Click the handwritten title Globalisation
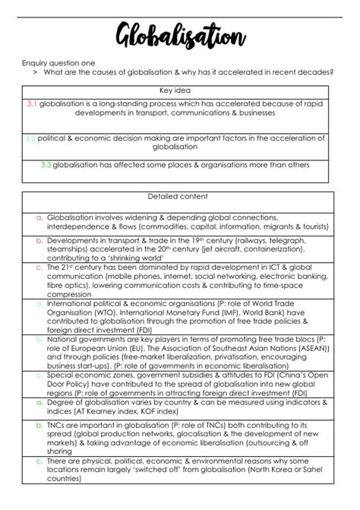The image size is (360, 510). [x=180, y=33]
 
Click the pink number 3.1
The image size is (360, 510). [x=32, y=101]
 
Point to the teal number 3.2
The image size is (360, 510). [x=30, y=139]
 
